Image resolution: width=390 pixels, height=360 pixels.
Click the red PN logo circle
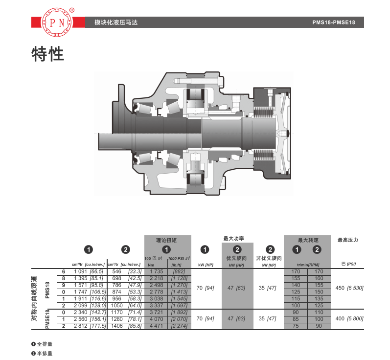(x=57, y=22)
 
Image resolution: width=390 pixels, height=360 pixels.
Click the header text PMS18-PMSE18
(x=334, y=22)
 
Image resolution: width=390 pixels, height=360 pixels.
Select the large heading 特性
(x=48, y=54)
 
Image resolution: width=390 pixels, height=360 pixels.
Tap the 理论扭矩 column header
(x=166, y=240)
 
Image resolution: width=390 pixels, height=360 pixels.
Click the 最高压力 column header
(x=347, y=240)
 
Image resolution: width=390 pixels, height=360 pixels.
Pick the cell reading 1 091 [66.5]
(x=89, y=271)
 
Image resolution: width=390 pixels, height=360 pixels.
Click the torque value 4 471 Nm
(x=157, y=326)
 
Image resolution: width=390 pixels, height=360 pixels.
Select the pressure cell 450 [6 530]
(x=349, y=288)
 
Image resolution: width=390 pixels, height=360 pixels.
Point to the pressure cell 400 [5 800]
(x=349, y=318)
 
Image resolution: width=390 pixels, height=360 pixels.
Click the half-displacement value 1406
(x=116, y=326)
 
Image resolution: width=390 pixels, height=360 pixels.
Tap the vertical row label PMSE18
(x=47, y=319)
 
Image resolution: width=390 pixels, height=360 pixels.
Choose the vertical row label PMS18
(x=47, y=290)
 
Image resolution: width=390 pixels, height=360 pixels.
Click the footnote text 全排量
(x=45, y=344)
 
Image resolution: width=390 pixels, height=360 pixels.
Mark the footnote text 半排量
(x=45, y=353)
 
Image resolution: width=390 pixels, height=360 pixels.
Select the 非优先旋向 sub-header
(x=269, y=258)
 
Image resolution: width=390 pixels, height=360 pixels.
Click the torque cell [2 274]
(x=179, y=326)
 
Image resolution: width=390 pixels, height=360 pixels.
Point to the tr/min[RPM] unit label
(x=308, y=265)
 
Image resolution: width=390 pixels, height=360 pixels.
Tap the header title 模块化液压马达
(x=116, y=22)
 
